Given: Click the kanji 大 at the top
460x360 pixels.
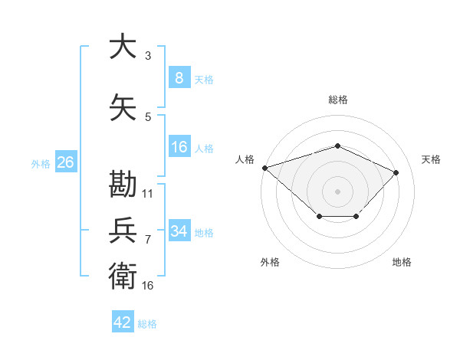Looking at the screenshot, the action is coord(123,46).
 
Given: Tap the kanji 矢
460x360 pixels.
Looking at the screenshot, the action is coord(123,107).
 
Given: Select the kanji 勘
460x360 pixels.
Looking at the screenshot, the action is coord(123,184).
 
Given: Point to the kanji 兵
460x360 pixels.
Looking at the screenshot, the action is coord(123,230).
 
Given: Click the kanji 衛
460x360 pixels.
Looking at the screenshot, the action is coord(123,276).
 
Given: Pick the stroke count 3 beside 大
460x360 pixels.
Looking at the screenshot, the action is coord(148,55).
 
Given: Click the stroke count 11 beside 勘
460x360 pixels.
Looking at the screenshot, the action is coord(147,194).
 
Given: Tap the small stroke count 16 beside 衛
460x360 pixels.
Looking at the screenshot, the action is coord(147,286).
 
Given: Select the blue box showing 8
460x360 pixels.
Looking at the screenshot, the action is coord(179,77).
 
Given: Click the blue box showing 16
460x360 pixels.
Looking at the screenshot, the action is coord(179,146).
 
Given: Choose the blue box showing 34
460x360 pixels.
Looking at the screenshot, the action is coord(179,230).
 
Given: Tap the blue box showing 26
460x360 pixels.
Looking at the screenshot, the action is coord(66,162).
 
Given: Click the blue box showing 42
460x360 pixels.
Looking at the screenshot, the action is coord(123,321).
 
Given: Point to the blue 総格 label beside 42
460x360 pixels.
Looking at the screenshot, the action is coord(147,324).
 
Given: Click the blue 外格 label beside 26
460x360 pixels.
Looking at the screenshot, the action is coord(41,164).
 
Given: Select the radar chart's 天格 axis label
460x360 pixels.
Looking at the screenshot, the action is coord(431,159).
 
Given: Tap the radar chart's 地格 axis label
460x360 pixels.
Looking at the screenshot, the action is coord(402,262).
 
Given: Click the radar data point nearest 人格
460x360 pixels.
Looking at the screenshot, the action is coord(265,168).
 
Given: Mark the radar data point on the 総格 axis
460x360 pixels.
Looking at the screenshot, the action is coord(337,146).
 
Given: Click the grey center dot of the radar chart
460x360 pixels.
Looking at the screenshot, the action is coord(337,191).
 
